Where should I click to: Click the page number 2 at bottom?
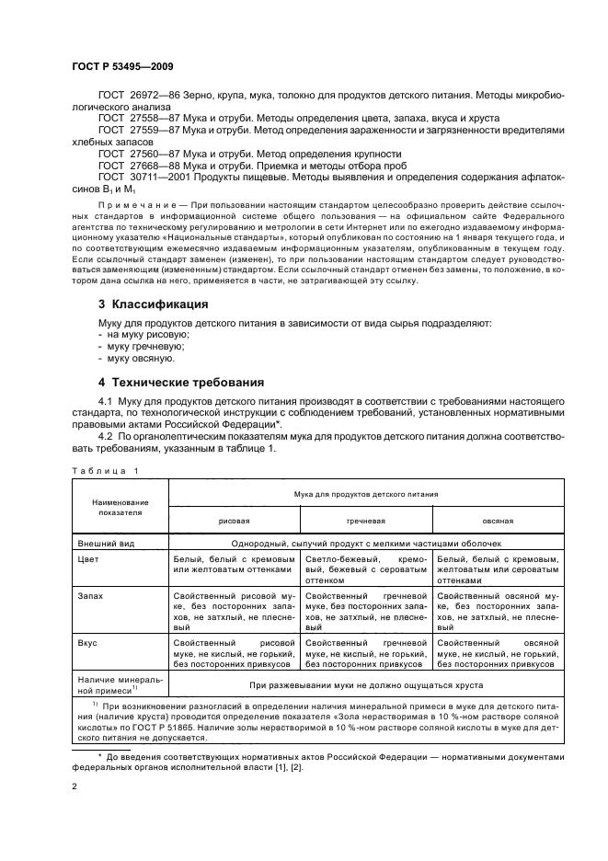pyautogui.click(x=74, y=788)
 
